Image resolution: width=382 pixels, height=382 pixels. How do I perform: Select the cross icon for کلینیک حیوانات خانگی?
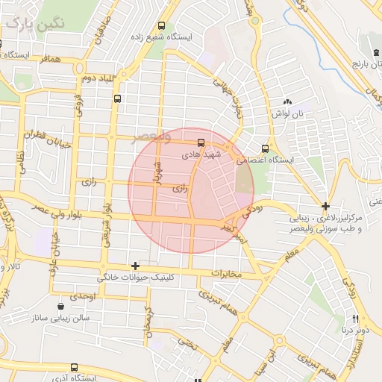(135, 266)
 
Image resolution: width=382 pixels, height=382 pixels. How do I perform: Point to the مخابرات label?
(227, 274)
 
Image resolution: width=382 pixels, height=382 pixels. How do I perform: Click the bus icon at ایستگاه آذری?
(74, 367)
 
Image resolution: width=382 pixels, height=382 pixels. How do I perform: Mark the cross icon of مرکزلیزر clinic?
(325, 205)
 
